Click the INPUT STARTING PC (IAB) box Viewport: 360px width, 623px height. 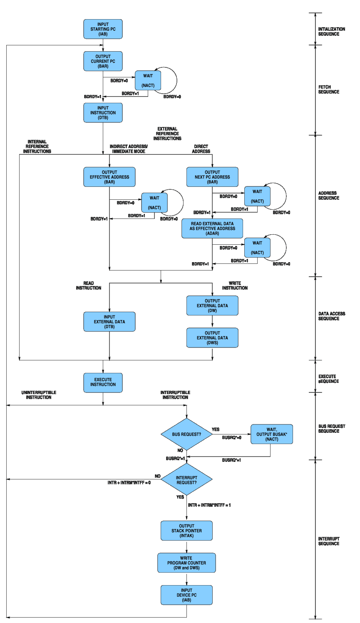click(x=103, y=29)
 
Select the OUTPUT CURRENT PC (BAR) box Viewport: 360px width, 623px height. click(x=103, y=61)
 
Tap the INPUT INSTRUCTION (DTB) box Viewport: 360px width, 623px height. click(x=103, y=113)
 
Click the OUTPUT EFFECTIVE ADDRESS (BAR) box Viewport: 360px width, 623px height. click(x=109, y=177)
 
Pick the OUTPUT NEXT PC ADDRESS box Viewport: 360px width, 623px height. click(x=212, y=177)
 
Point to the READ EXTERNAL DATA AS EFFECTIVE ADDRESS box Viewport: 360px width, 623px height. click(x=212, y=228)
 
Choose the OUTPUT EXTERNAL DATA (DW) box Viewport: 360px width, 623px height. click(x=212, y=305)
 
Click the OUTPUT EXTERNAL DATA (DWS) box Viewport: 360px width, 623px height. click(x=212, y=338)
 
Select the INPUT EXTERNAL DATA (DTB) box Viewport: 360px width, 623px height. click(x=109, y=322)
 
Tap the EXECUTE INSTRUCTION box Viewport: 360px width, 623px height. click(x=103, y=382)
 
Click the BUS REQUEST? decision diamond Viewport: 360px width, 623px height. click(x=186, y=434)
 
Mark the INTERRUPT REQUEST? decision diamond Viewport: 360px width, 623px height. click(x=186, y=480)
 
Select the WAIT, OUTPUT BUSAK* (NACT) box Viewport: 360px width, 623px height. click(x=272, y=434)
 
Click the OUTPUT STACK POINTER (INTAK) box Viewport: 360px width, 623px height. click(x=186, y=531)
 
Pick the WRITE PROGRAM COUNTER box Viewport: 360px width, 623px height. click(x=186, y=563)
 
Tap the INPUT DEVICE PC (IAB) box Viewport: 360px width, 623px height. click(x=186, y=595)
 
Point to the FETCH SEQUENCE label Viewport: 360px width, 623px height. click(x=329, y=89)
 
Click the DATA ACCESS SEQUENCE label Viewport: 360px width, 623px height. click(x=332, y=316)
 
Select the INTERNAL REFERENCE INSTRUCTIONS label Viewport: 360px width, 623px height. click(x=37, y=146)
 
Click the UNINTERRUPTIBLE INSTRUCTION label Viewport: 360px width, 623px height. click(x=39, y=395)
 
